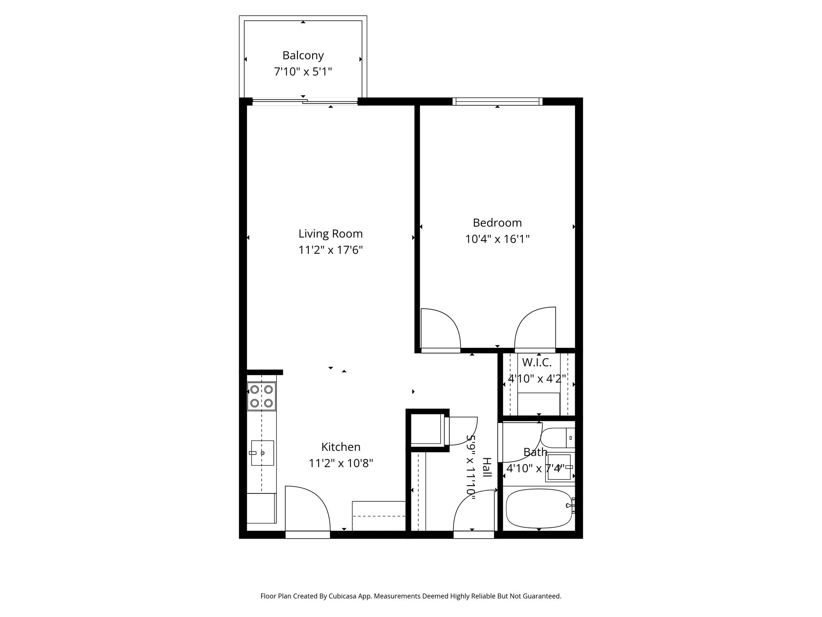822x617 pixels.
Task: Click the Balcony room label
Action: (303, 55)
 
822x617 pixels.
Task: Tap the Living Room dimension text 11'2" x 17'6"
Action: (330, 250)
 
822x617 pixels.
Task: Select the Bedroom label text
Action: (497, 223)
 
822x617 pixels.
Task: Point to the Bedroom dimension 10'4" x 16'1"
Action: (497, 239)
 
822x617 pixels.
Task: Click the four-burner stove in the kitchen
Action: (261, 396)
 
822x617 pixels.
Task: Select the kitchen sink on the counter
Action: (262, 453)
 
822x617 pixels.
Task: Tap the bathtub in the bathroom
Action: (538, 508)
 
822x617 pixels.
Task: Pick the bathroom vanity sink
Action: (559, 468)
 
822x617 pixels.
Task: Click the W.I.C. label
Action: (537, 362)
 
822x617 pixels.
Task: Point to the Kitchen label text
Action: (341, 447)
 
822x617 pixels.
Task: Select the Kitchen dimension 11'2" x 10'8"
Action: (341, 464)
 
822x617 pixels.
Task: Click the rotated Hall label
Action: (486, 467)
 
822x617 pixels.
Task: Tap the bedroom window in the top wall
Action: (497, 101)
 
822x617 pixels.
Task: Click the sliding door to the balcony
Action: (305, 101)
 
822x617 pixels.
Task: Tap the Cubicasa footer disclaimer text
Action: (411, 596)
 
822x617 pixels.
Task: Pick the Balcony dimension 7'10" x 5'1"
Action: (303, 72)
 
